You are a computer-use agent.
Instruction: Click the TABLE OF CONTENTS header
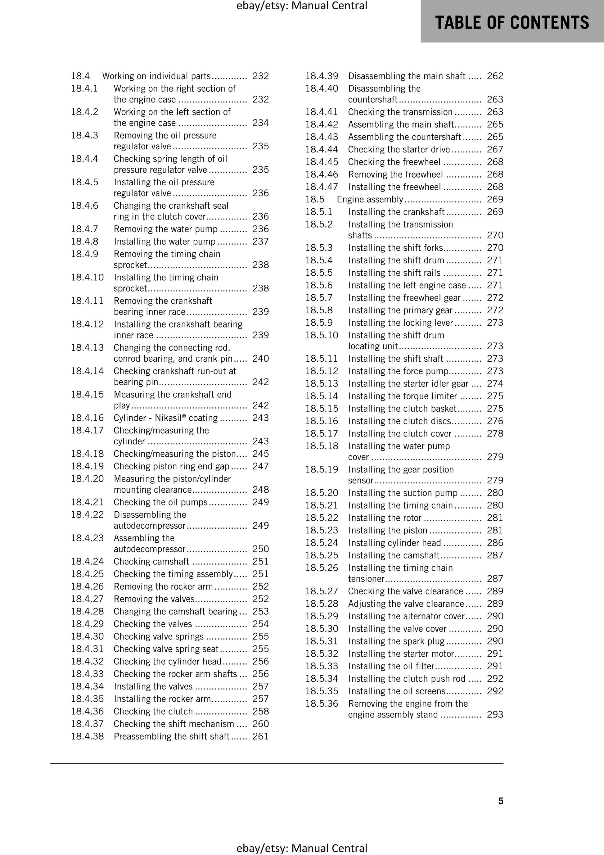512,22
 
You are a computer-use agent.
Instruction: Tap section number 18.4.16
87,418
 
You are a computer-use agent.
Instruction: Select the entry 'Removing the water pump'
166,229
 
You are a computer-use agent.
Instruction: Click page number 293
495,714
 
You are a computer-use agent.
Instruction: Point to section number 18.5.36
322,703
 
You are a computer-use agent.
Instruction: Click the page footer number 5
501,801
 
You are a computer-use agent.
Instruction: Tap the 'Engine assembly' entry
370,199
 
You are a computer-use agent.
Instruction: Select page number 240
260,358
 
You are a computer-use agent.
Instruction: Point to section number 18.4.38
87,736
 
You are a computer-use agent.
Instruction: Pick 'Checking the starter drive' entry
399,149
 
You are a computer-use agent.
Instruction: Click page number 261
260,736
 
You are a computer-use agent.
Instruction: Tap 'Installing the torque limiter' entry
403,396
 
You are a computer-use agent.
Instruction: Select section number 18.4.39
322,76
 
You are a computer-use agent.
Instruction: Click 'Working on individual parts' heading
156,76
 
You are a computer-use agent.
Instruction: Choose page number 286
495,543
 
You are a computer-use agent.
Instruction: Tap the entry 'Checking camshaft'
151,561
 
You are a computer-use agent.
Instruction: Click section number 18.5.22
322,518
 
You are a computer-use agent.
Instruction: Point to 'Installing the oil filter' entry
391,666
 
